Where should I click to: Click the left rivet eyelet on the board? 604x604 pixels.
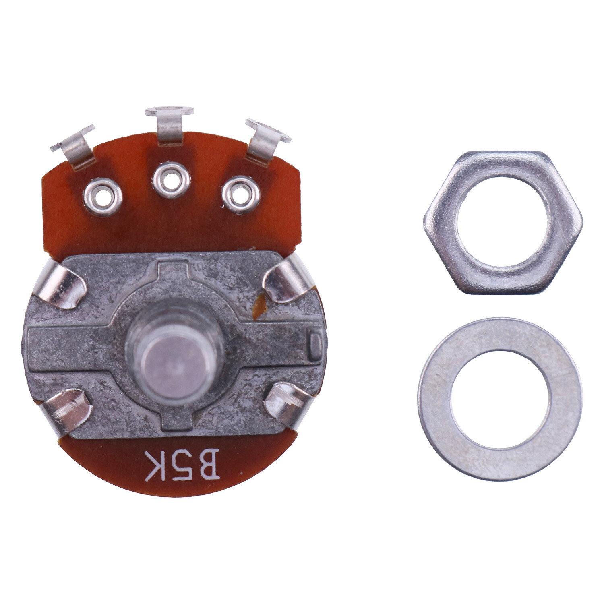103,197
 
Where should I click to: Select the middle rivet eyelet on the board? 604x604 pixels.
172,180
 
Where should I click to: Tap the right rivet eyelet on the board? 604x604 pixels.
241,194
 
